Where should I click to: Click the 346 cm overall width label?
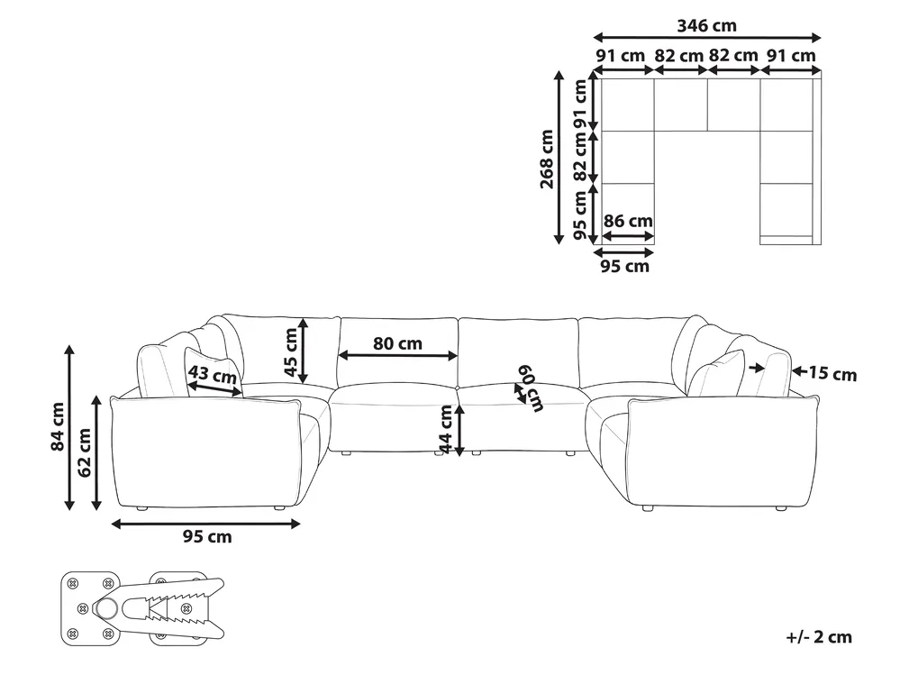(706, 25)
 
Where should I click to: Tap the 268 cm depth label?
(547, 159)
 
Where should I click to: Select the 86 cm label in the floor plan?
(628, 221)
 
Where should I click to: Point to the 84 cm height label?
(58, 426)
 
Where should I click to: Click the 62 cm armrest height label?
(85, 452)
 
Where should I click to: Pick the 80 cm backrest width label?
(397, 343)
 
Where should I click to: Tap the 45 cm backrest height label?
(291, 351)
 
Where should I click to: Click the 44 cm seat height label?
(445, 430)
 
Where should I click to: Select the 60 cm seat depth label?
(531, 388)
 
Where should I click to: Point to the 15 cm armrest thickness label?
(832, 374)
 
